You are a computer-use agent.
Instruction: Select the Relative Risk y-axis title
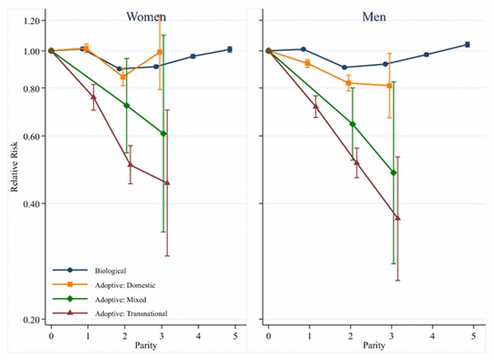[x=15, y=169]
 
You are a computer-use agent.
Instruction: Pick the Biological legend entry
[x=110, y=269]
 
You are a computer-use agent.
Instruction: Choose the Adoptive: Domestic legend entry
[x=123, y=284]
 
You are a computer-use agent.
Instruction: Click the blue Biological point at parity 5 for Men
[x=468, y=44]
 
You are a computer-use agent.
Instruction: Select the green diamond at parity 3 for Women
[x=164, y=133]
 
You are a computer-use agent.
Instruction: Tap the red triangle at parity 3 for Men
[x=398, y=217]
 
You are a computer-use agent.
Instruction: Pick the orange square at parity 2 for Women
[x=123, y=77]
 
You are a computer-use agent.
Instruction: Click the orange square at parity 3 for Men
[x=389, y=86]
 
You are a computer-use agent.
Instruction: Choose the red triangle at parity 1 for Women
[x=93, y=97]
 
